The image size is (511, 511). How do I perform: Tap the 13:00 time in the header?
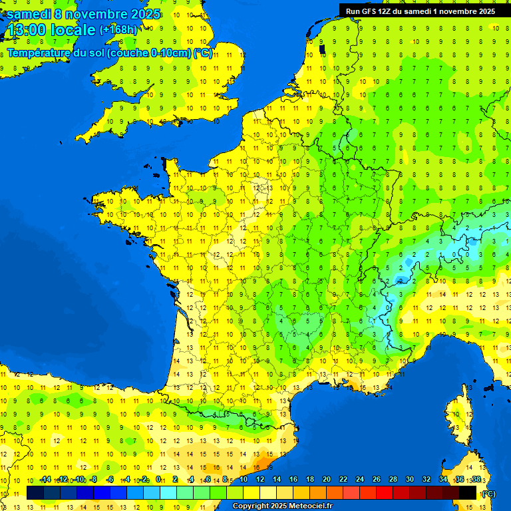point(26,30)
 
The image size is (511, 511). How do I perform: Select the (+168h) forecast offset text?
point(118,30)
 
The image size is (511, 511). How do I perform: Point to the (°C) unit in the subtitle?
point(203,53)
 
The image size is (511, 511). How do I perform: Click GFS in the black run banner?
point(371,11)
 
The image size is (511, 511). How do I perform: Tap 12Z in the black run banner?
point(390,11)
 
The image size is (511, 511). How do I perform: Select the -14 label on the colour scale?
point(45,480)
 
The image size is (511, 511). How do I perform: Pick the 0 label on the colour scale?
point(158,480)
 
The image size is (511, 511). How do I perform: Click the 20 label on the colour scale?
point(327,480)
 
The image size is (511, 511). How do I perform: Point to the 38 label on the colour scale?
point(476,480)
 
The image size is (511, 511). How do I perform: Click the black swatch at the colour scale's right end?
point(468,492)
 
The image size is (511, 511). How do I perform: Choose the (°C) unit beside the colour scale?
point(489,493)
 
